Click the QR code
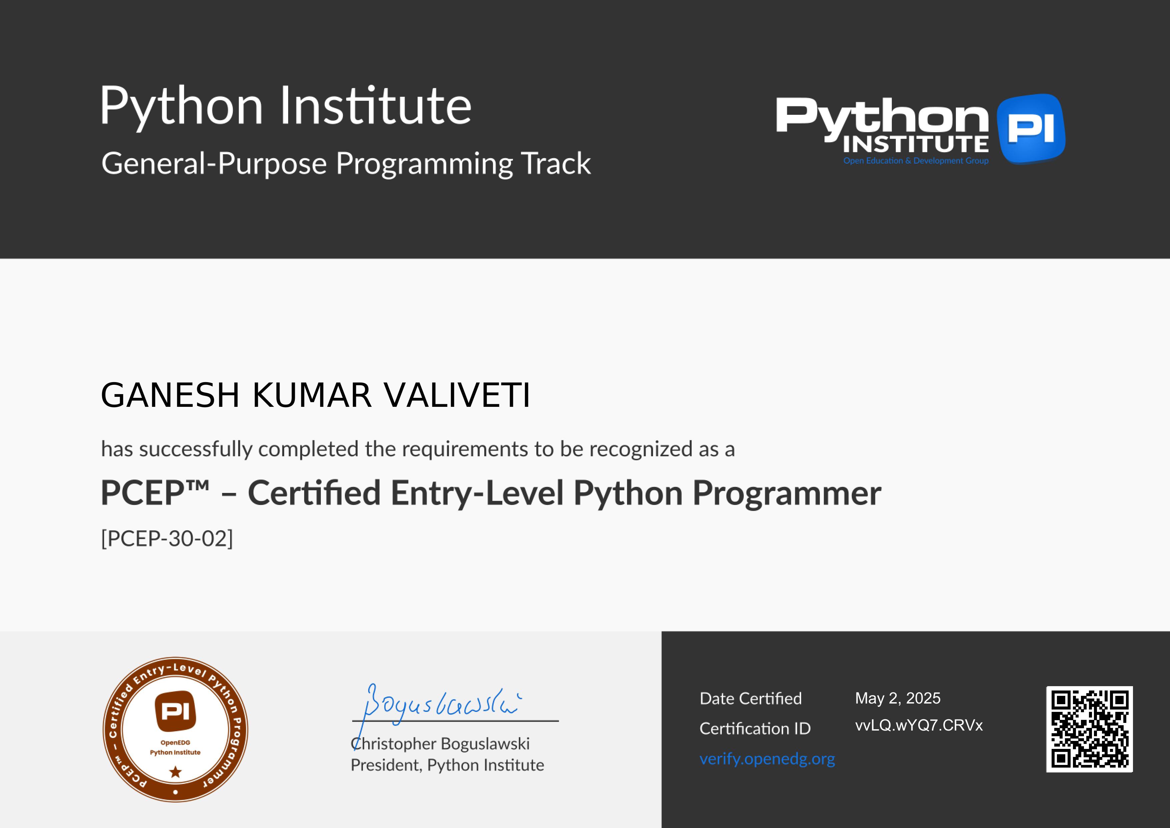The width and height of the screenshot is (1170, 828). click(x=1090, y=729)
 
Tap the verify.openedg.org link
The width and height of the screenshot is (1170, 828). click(x=767, y=759)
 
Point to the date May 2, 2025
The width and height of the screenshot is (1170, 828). click(x=898, y=698)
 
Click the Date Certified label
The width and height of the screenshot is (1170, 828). click(x=751, y=699)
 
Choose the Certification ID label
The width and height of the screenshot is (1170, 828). click(x=755, y=729)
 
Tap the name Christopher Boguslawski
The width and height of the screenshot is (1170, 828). click(x=440, y=744)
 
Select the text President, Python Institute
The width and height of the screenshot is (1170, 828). click(x=447, y=765)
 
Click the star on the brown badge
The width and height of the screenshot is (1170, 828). click(x=175, y=772)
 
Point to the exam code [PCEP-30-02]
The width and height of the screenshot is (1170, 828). click(x=167, y=538)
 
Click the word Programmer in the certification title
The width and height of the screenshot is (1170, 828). click(x=787, y=494)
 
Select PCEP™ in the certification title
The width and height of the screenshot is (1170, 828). click(x=155, y=493)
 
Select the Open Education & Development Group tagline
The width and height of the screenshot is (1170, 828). click(x=916, y=161)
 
